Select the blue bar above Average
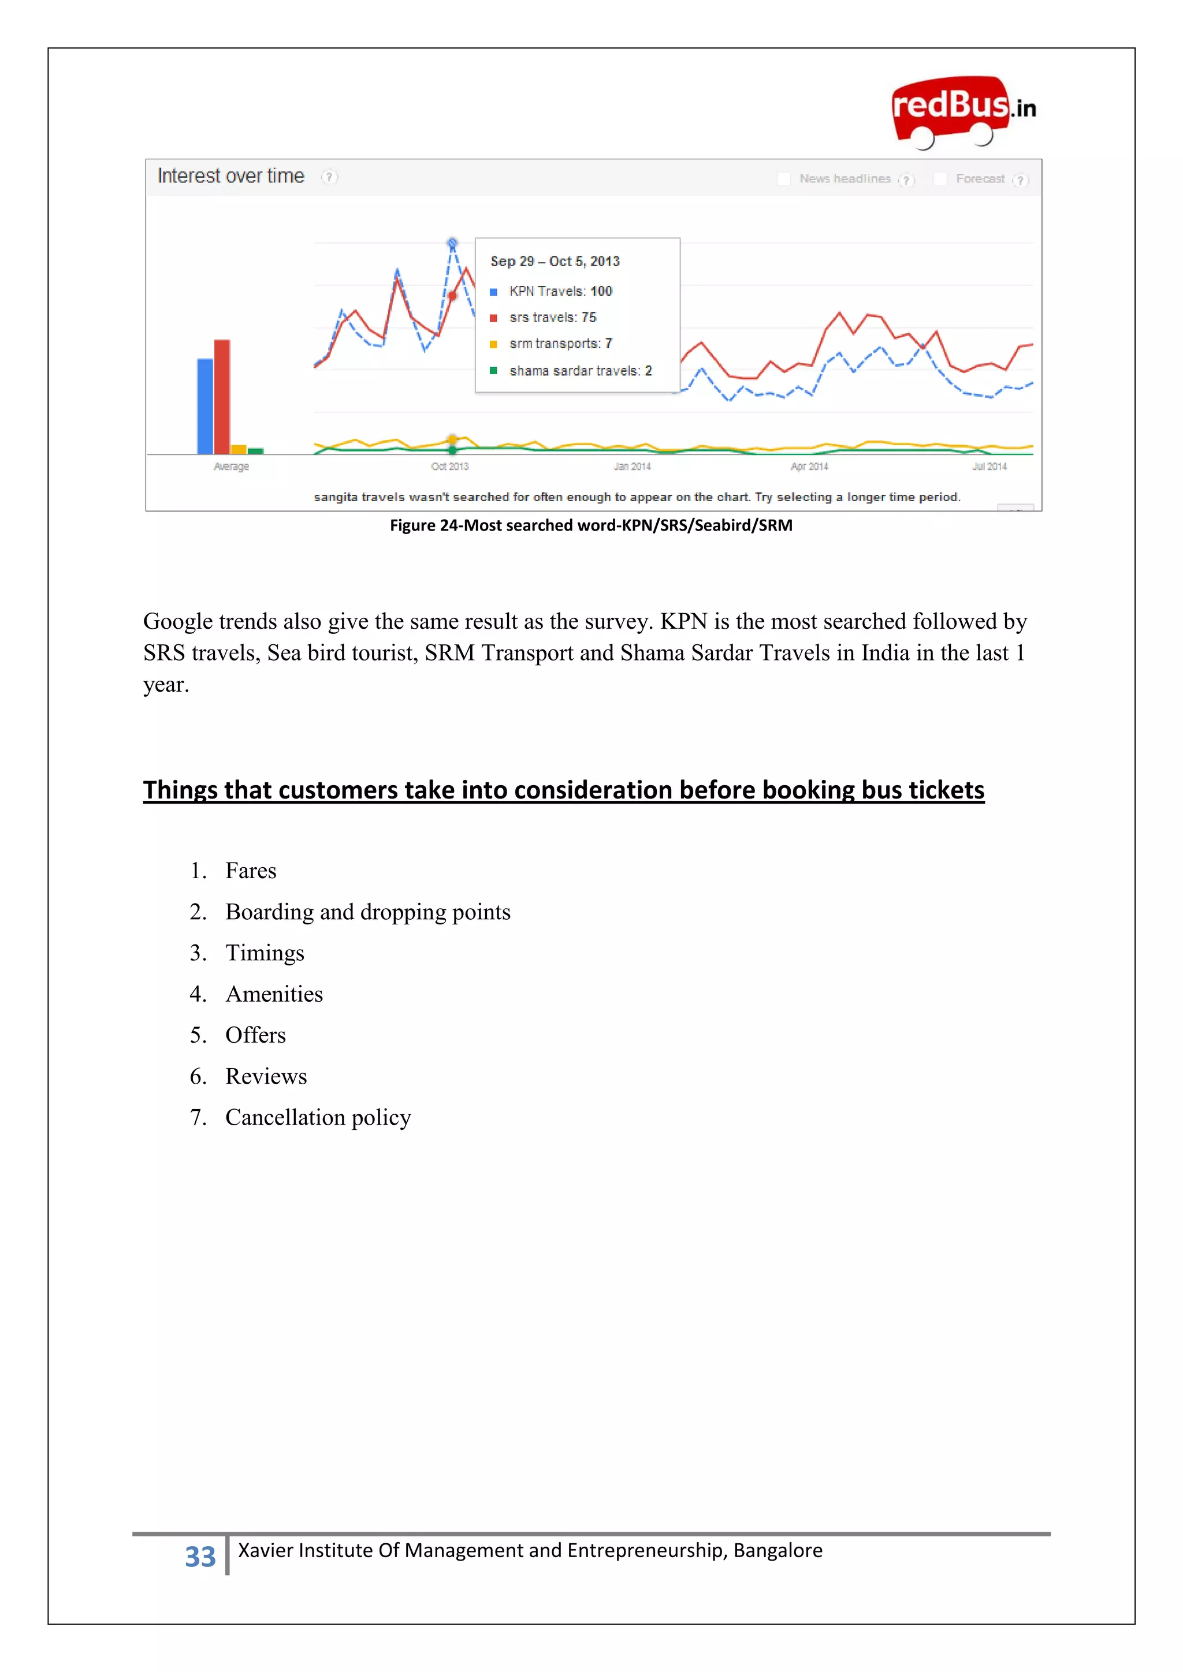[206, 406]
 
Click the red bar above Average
[222, 396]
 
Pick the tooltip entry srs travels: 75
[552, 318]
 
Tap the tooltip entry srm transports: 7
[560, 344]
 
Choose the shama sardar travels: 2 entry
[580, 371]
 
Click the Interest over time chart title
[231, 176]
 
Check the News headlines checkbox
[784, 178]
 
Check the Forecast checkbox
[940, 178]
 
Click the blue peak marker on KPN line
[452, 242]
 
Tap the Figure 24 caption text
[591, 525]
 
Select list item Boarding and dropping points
[367, 912]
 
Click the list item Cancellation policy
[318, 1117]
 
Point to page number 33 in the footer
[200, 1555]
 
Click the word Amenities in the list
[274, 994]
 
